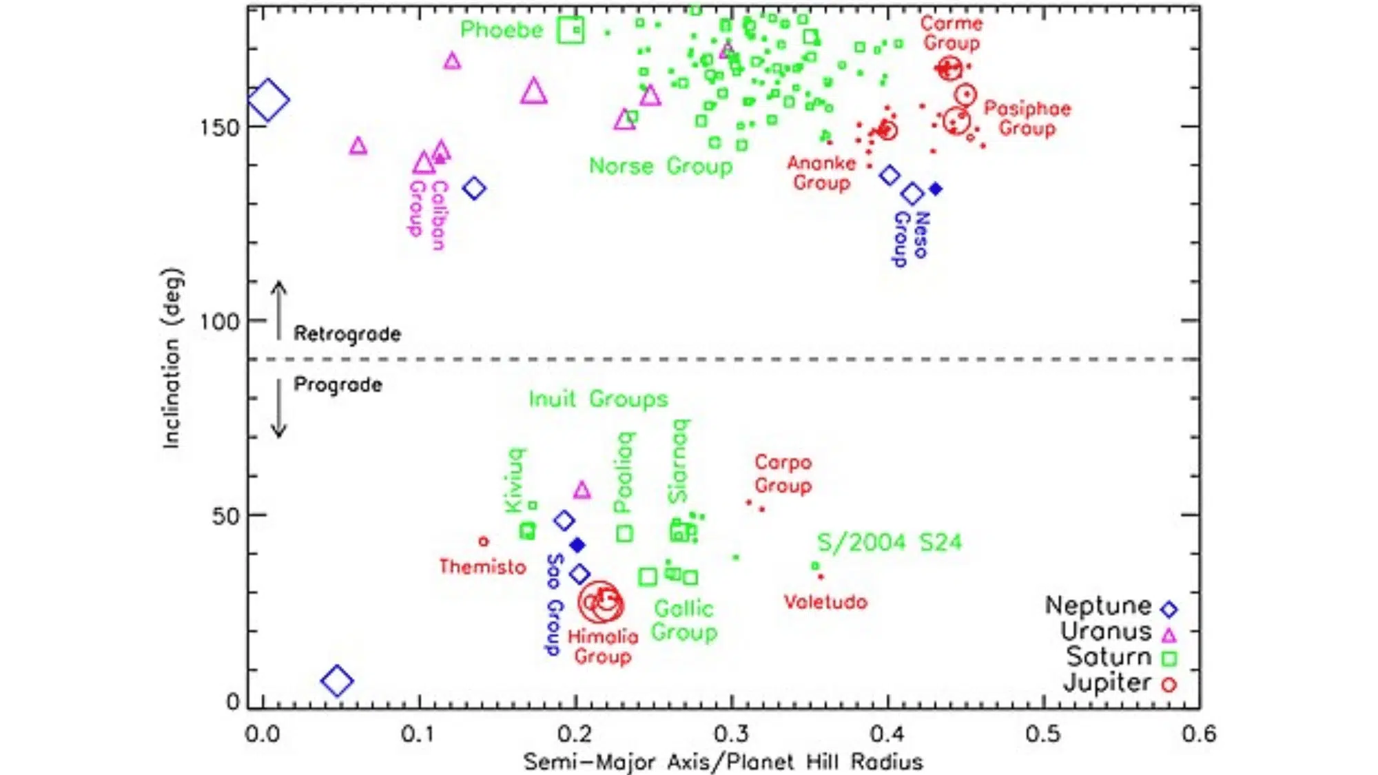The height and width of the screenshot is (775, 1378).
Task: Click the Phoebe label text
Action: coord(502,30)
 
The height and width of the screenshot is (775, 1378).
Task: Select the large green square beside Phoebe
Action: coord(571,30)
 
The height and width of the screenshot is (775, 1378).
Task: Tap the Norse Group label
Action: coord(661,167)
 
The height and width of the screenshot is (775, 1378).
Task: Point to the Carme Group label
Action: coord(951,33)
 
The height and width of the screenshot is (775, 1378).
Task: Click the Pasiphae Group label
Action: coord(1027,118)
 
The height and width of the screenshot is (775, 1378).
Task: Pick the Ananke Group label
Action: coord(821,173)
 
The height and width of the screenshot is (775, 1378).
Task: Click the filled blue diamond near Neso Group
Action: coord(935,189)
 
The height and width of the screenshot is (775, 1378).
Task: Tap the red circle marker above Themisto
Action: coord(484,541)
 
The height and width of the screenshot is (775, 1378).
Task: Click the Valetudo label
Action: coord(825,602)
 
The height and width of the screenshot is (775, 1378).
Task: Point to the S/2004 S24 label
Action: coord(889,543)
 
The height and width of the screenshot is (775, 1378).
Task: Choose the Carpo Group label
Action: coord(783,474)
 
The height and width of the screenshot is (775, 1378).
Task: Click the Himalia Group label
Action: coord(603,646)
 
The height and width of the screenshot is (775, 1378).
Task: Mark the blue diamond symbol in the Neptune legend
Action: coord(1169,609)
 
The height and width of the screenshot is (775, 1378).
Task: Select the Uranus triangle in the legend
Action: coord(1169,634)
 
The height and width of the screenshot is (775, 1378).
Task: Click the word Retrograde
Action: coord(347,334)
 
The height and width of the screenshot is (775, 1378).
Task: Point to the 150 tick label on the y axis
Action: coord(218,127)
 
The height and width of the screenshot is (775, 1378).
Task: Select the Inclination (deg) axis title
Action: coord(171,358)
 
